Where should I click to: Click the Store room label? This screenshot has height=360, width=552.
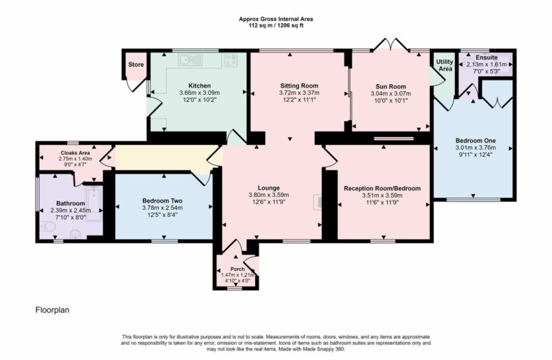[x=136, y=65]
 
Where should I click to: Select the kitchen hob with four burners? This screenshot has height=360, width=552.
[x=231, y=60]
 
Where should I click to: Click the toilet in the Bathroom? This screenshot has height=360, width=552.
[x=49, y=226]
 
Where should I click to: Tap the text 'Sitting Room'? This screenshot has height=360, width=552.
[x=298, y=86]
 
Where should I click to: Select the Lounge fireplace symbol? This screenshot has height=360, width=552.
[x=317, y=203]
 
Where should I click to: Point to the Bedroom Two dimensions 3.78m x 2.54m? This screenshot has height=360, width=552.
[x=162, y=208]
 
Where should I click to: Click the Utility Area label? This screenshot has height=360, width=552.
[x=445, y=65]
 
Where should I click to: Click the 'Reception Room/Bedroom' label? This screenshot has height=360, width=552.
[x=382, y=188]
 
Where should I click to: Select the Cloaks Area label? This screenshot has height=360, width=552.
[x=75, y=153]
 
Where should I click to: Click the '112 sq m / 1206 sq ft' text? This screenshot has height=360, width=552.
[x=276, y=25]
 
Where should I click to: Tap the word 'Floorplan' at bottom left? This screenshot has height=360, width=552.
[x=52, y=310]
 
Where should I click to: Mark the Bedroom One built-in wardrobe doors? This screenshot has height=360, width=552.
[x=496, y=93]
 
